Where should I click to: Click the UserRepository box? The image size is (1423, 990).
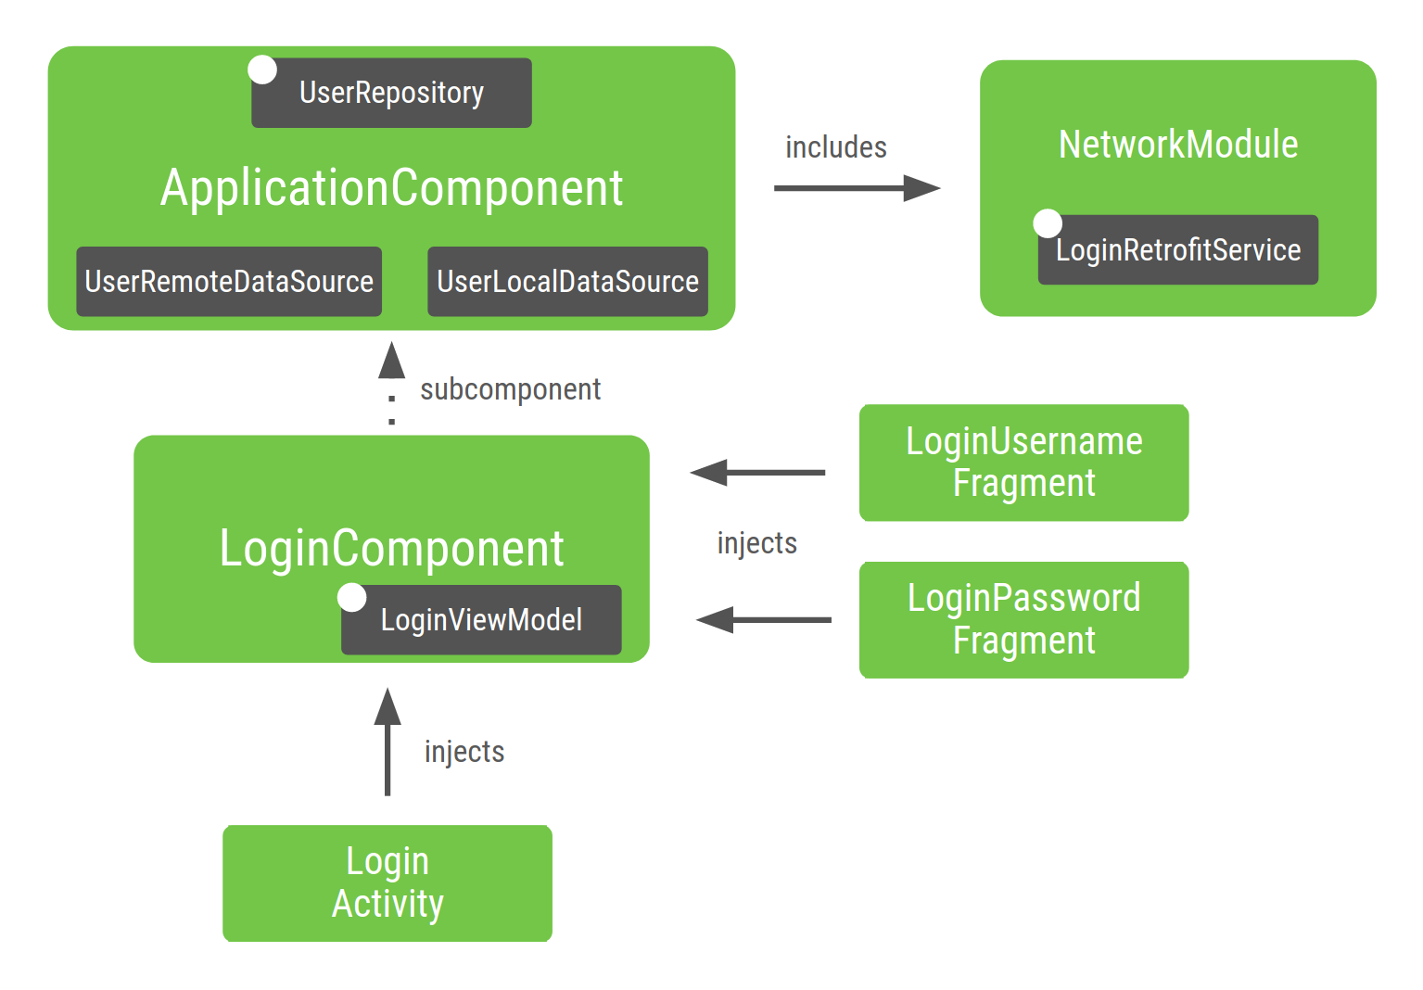[x=391, y=93]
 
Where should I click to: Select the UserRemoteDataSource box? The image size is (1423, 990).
[x=229, y=282]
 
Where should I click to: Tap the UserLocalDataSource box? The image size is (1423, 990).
[x=567, y=282]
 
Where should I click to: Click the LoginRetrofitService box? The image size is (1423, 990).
[x=1177, y=250]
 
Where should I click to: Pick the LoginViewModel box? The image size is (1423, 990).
[x=481, y=620]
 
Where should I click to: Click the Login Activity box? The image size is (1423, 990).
[x=388, y=883]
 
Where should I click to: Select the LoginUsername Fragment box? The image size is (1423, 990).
[x=1023, y=463]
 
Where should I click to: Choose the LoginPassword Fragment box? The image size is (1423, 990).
[x=1023, y=620]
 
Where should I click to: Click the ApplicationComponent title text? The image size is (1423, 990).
[x=391, y=188]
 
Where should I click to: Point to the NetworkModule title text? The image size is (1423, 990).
[x=1177, y=145]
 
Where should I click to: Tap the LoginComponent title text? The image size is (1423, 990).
[x=391, y=549]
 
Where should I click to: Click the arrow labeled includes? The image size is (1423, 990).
[x=857, y=188]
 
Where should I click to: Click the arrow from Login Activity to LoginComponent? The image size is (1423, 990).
[x=388, y=742]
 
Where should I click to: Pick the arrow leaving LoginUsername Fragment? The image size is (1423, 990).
[x=757, y=473]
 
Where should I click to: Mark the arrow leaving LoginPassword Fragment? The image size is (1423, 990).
[x=764, y=620]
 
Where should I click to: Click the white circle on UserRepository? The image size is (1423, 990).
[x=262, y=70]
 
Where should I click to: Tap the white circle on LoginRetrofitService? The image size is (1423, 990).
[x=1048, y=223]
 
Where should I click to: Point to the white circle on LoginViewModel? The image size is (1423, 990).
[x=352, y=597]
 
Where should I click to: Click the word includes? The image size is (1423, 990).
[x=835, y=147]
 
